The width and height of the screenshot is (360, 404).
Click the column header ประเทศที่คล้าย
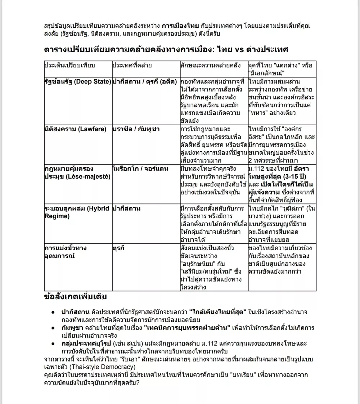pyautogui.click(x=132, y=65)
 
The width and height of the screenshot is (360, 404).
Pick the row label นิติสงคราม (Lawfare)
pyautogui.click(x=75, y=129)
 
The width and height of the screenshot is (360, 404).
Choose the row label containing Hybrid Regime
pyautogui.click(x=77, y=212)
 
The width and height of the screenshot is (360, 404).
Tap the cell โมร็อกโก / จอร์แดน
pyautogui.click(x=140, y=169)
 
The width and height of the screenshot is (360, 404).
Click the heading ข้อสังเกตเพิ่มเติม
pyautogui.click(x=75, y=297)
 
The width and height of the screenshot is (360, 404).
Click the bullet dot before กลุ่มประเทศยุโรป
pyautogui.click(x=53, y=344)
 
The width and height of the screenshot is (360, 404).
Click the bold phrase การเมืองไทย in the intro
pyautogui.click(x=180, y=26)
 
